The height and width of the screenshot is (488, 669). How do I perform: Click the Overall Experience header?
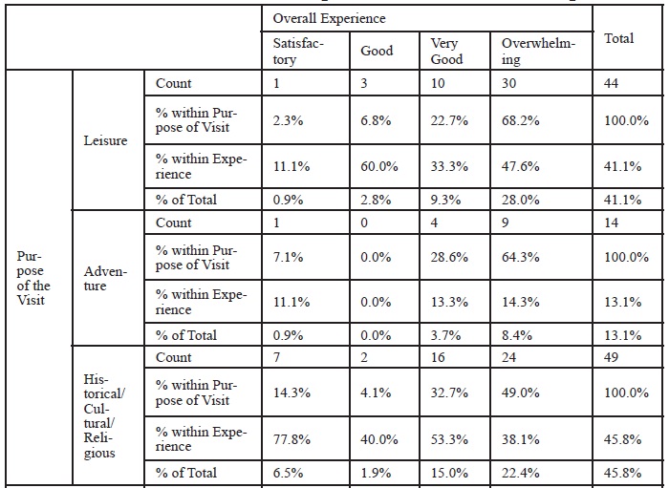tap(329, 18)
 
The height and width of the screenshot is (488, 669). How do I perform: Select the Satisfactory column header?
tap(298, 51)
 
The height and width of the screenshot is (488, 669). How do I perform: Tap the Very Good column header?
tap(446, 51)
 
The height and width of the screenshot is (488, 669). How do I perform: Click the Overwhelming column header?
tap(538, 51)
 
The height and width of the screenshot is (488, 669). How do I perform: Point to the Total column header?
tap(618, 38)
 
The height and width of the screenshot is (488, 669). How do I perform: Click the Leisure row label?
tap(105, 140)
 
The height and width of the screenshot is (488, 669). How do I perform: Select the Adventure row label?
tap(105, 278)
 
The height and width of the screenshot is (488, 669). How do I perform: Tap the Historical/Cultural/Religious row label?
tap(104, 416)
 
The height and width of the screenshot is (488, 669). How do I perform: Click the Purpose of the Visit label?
tap(33, 278)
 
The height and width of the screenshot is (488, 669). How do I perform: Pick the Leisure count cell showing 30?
tap(508, 83)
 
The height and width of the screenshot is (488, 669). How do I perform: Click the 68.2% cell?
tap(520, 120)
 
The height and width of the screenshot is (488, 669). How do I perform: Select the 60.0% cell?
tap(378, 166)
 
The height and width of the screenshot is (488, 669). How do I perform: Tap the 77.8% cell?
tap(291, 439)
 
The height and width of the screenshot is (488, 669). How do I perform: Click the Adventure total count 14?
tap(611, 223)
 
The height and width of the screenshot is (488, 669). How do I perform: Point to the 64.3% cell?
tap(520, 257)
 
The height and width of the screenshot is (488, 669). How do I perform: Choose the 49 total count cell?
tap(611, 357)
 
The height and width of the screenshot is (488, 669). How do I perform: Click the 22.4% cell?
tap(520, 473)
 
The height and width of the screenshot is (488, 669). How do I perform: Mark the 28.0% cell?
tap(520, 200)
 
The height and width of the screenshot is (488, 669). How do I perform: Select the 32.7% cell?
tap(449, 393)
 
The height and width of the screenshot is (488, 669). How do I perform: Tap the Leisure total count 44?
tap(611, 83)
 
